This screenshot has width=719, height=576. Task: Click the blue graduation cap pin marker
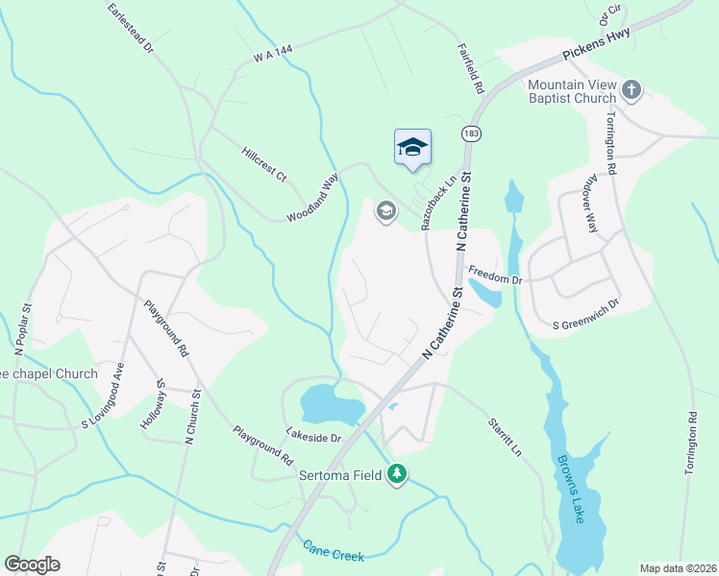coord(412,148)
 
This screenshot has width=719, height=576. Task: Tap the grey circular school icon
coord(386,211)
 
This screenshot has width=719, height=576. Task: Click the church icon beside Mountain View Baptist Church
coord(632,91)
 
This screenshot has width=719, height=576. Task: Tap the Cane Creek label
coord(333,550)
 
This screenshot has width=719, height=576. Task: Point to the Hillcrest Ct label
coord(264,164)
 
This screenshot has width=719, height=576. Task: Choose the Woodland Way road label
coord(313,199)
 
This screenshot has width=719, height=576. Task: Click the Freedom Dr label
coord(494,279)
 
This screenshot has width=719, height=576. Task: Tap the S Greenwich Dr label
coord(584,303)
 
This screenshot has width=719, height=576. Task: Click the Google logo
coord(32,564)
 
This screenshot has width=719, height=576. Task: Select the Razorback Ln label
coord(435,208)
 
